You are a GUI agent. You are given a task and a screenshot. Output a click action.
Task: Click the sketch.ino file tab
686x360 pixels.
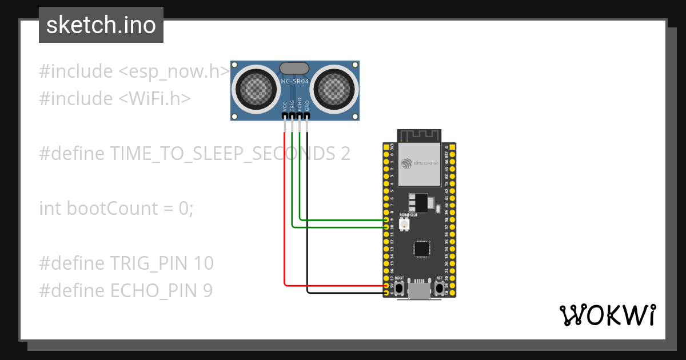coord(101,25)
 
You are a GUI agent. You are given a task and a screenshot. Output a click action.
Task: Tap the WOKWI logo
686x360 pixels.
coord(607,315)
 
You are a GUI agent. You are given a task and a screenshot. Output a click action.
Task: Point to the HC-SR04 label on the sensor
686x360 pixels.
coord(295,82)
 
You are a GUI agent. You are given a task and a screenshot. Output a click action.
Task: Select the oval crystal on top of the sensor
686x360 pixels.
coord(294,69)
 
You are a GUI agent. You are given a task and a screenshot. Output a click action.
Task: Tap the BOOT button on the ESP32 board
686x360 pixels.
coord(400,288)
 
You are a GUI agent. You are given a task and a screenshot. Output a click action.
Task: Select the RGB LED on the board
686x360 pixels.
coord(404,226)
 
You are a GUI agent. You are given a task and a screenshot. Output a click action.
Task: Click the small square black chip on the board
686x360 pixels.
coord(422,249)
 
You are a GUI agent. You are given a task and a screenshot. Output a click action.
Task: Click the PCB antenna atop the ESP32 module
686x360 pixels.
coord(420,135)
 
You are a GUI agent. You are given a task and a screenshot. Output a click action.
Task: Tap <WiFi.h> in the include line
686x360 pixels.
coord(154,99)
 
